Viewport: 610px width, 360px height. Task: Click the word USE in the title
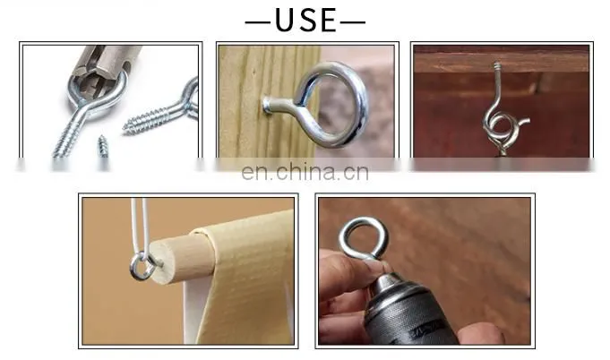(305, 20)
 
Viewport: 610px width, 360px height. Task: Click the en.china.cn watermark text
(305, 172)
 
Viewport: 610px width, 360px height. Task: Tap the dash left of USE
(258, 22)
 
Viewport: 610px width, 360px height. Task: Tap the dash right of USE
(353, 22)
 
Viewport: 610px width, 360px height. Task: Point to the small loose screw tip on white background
(103, 146)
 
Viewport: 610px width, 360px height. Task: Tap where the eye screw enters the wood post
(268, 106)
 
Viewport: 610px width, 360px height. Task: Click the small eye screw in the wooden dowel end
(143, 266)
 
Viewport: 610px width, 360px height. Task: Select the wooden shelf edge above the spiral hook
(501, 63)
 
